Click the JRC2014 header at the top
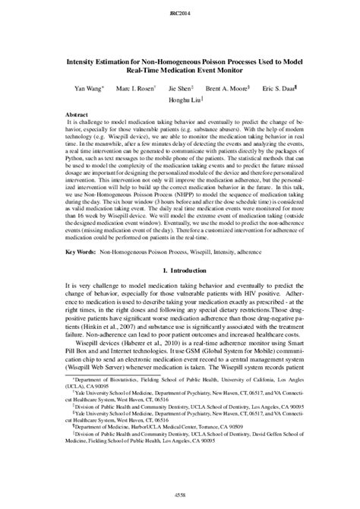(180, 14)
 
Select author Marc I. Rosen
(134, 89)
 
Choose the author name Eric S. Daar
(285, 89)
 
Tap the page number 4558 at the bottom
(180, 495)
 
